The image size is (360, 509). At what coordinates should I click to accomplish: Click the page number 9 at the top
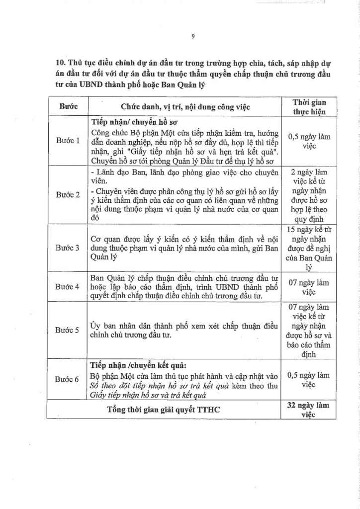[x=192, y=35]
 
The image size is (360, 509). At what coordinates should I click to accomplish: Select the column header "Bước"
[x=67, y=107]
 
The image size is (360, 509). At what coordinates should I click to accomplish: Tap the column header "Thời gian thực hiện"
[x=309, y=107]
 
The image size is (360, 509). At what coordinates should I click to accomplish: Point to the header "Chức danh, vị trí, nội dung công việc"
[x=185, y=107]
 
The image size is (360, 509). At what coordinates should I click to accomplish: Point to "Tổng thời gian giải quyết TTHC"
[x=164, y=410]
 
